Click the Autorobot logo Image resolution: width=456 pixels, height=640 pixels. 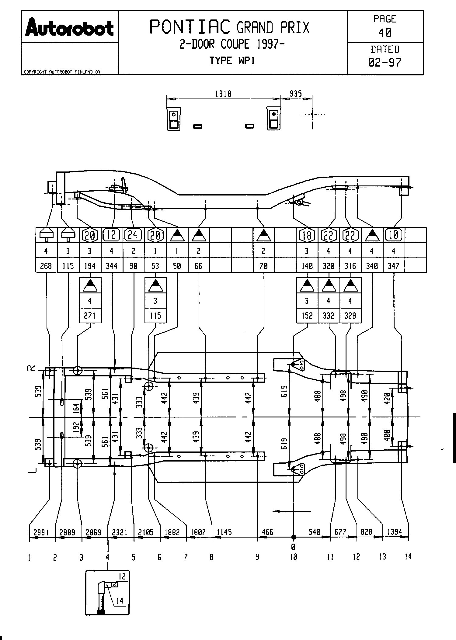pos(70,27)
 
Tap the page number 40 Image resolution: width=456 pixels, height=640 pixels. pos(385,33)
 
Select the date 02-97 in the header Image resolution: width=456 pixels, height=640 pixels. pos(385,62)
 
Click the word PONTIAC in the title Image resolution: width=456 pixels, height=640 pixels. pos(190,27)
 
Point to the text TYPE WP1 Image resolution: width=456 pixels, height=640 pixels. pos(232,61)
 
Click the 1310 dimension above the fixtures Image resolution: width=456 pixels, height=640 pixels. pos(223,94)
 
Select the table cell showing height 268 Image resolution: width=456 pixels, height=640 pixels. pos(46,266)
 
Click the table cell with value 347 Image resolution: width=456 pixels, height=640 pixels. pos(394,266)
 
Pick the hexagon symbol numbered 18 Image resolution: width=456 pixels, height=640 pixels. pos(307,235)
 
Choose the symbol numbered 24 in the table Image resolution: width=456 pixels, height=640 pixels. pos(133,235)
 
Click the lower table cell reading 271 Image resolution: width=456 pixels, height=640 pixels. pos(90,316)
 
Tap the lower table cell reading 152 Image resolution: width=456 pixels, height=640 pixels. pos(307,316)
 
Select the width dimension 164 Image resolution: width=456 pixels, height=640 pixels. pos(76,407)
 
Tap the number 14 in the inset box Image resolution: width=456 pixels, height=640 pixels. pos(120,600)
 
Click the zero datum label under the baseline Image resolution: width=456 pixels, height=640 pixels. pos(293,547)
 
